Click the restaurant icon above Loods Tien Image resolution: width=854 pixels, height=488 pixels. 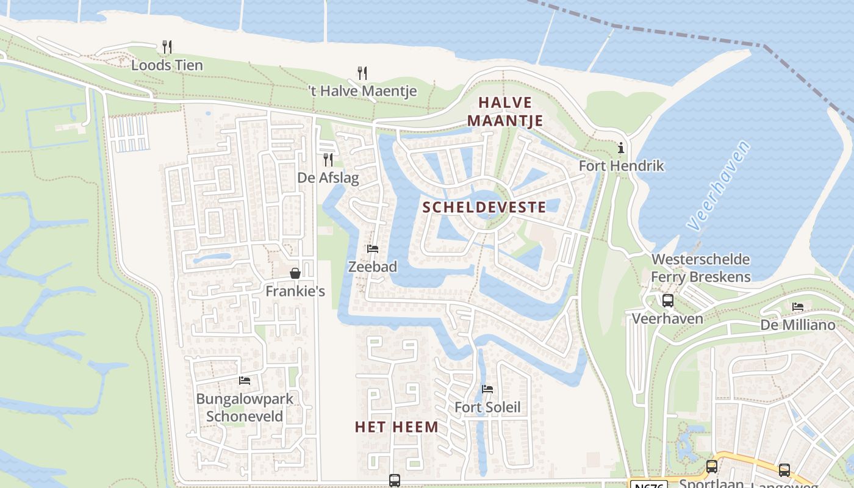tap(167, 46)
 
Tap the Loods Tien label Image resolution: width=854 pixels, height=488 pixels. tap(167, 65)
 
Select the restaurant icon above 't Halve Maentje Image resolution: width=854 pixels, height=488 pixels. tap(362, 73)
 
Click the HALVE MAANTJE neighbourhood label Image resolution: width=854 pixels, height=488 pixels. tap(505, 111)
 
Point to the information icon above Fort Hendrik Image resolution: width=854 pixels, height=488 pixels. tap(621, 148)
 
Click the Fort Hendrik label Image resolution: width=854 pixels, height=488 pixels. tap(621, 166)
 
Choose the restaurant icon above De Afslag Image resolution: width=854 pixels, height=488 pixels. tap(328, 160)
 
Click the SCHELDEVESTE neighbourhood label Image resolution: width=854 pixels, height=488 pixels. tap(484, 207)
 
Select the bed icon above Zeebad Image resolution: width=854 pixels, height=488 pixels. tap(372, 249)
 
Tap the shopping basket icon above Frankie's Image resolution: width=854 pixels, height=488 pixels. tap(295, 273)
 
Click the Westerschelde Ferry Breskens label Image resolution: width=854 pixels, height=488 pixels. tap(700, 268)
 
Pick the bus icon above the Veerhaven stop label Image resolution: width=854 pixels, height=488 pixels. tap(668, 300)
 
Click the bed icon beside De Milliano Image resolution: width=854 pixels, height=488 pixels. tap(798, 307)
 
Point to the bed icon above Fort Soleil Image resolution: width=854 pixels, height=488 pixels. tap(487, 389)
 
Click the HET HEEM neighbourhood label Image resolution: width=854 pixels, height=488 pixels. tap(396, 427)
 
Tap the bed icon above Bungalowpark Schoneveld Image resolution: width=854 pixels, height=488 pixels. tap(245, 381)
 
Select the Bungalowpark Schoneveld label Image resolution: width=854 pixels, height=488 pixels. tap(245, 407)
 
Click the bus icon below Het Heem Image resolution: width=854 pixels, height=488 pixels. tap(395, 480)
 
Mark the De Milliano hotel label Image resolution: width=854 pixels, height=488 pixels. tap(798, 325)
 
